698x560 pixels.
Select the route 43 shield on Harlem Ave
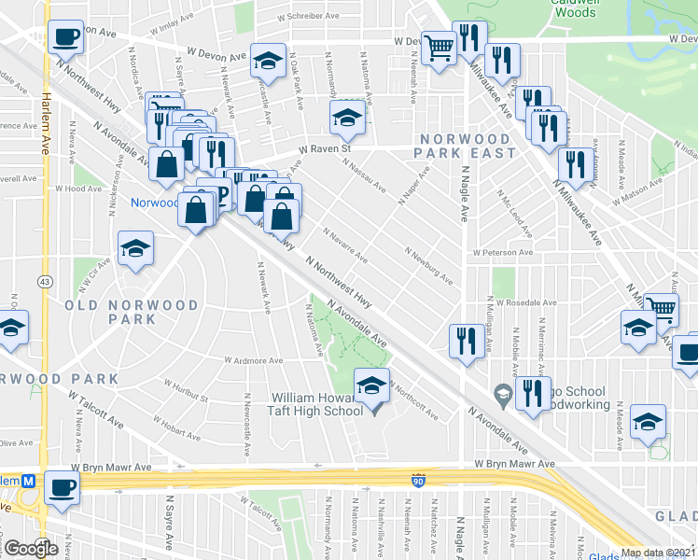point(44,281)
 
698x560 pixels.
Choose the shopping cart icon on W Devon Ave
point(439,45)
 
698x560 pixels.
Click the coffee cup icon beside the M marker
point(63,487)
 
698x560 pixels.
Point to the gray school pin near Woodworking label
point(503,396)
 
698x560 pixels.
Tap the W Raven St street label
point(324,147)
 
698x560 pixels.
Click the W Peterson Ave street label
point(502,252)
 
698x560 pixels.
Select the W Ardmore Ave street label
point(253,360)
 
